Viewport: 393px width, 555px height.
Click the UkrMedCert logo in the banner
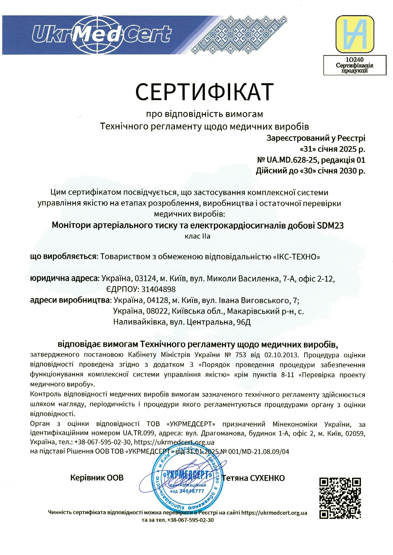[101, 35]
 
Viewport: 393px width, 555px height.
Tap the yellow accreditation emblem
[355, 34]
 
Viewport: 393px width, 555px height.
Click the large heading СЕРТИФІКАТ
[204, 92]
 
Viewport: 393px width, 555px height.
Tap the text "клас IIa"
[197, 236]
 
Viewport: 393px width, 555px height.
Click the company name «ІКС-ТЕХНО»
[296, 257]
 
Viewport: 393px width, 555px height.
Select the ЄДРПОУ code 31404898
[158, 289]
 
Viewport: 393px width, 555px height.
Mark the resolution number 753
[241, 355]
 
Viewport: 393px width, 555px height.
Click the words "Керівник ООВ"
[97, 478]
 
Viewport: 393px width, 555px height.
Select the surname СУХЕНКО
[267, 478]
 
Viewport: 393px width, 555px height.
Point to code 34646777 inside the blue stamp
[192, 491]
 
